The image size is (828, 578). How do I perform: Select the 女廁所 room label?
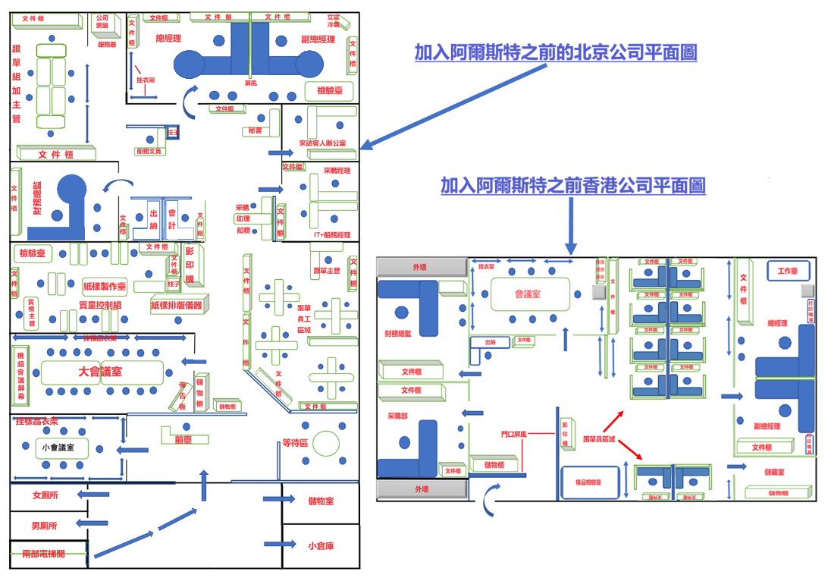(45, 495)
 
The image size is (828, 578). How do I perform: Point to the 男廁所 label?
(45, 525)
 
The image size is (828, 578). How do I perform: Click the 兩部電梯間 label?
(44, 554)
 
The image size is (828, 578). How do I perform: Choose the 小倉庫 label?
(321, 545)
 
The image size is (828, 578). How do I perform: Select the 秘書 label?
(253, 131)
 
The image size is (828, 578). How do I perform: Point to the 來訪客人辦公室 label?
(321, 143)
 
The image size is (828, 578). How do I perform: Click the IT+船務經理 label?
(331, 235)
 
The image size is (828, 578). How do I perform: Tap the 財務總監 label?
(399, 332)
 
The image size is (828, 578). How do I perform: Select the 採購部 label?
(397, 416)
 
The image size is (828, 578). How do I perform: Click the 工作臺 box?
(788, 271)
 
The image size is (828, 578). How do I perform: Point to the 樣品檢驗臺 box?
(591, 482)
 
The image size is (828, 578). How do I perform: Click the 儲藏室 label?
(773, 472)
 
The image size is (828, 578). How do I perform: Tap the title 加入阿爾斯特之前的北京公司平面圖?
(555, 52)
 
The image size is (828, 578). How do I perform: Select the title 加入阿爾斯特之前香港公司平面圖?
(572, 185)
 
